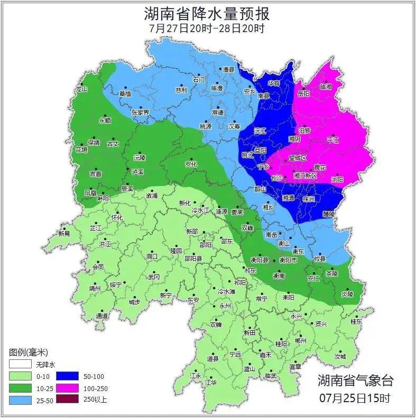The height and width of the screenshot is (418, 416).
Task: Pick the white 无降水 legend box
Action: tap(20, 364)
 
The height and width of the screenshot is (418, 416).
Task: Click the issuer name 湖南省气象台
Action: tap(355, 380)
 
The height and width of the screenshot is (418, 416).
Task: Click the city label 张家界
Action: tap(140, 113)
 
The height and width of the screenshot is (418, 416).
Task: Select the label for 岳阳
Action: tap(303, 94)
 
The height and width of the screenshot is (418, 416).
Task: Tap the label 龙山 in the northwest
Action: tap(81, 89)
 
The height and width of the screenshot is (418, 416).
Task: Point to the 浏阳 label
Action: tap(337, 180)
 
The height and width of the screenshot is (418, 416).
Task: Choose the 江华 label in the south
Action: tap(211, 382)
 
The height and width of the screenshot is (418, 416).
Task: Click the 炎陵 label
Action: tap(347, 294)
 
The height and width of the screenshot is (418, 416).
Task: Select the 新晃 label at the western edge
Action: tap(64, 233)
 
